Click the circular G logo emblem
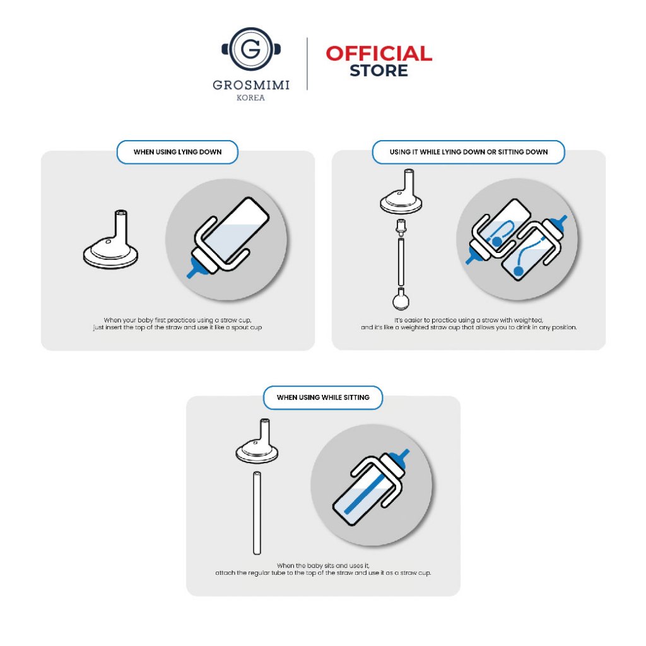251,49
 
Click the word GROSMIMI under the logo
251,85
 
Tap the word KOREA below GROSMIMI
250,98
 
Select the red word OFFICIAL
379,54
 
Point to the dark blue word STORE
379,71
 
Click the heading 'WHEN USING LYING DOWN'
177,152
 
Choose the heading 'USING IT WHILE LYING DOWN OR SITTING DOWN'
469,152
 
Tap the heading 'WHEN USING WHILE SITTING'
323,397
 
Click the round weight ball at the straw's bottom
401,300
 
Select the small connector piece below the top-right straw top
401,227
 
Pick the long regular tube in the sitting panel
257,514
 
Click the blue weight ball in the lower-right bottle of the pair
519,271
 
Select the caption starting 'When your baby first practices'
177,324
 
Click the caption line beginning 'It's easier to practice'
469,320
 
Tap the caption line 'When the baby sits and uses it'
323,566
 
